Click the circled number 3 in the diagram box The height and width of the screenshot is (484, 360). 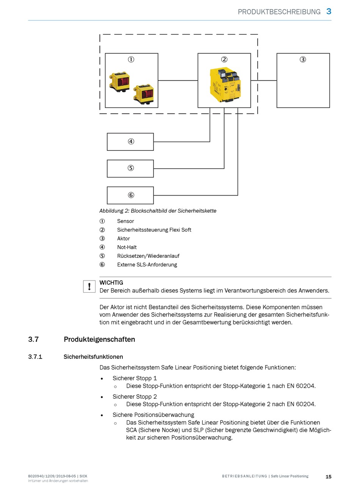303,60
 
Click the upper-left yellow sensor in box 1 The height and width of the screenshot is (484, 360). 120,81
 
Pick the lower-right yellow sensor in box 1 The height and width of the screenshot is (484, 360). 144,94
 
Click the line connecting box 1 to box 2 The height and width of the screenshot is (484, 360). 178,80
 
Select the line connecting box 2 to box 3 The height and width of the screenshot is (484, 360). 264,80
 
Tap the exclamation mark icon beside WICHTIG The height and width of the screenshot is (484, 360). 89,286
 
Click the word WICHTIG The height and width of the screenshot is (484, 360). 111,283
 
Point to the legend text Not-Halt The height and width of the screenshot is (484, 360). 127,247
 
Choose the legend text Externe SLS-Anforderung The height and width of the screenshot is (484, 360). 147,265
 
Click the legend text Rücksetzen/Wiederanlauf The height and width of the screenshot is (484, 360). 148,256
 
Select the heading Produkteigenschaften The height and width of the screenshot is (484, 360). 100,339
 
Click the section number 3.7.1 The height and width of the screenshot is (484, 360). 35,357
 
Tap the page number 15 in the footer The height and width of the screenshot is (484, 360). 329,477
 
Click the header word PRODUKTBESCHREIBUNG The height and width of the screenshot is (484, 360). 279,12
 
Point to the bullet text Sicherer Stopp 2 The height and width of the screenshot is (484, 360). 135,396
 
